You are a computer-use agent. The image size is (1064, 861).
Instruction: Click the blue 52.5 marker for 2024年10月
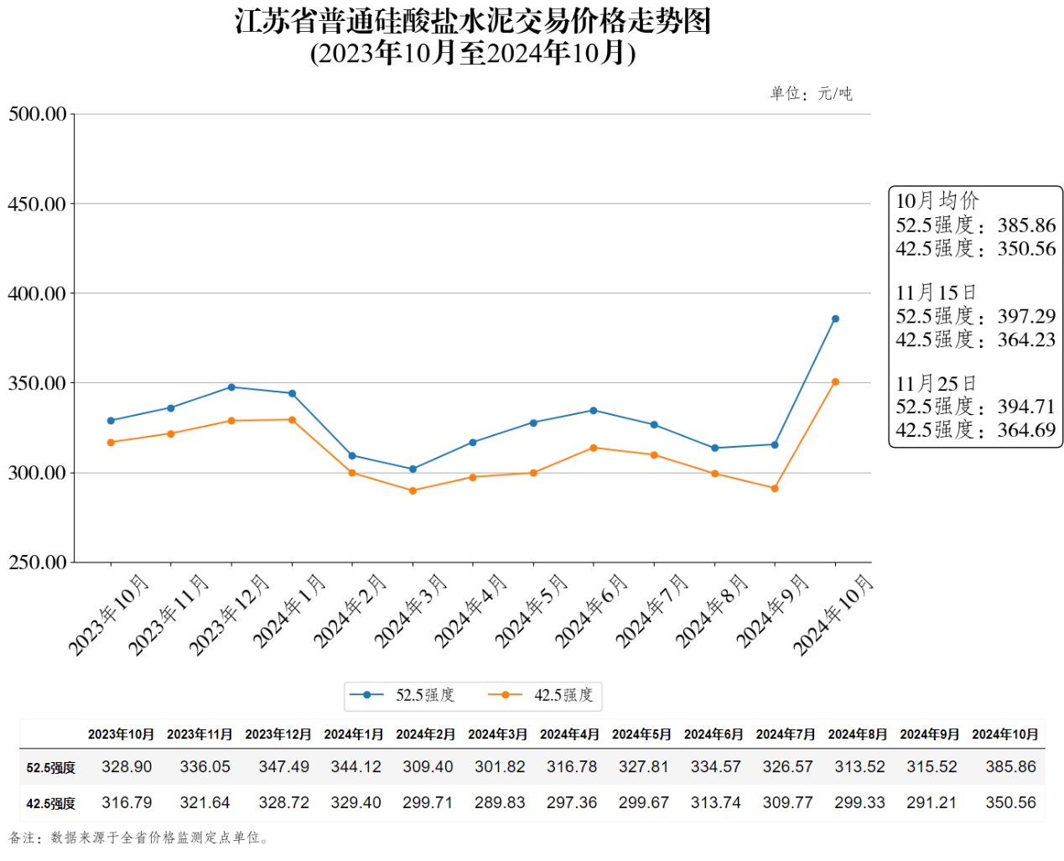[x=835, y=319]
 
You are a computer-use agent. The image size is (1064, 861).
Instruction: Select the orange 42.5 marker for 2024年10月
[x=835, y=382]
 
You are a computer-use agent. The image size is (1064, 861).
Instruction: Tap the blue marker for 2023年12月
[x=231, y=387]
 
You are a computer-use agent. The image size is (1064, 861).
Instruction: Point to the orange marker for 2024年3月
[x=413, y=490]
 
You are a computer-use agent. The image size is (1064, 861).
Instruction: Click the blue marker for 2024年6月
[x=594, y=411]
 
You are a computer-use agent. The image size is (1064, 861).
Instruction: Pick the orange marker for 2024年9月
[x=775, y=488]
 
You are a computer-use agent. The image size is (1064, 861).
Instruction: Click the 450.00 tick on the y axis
[x=37, y=204]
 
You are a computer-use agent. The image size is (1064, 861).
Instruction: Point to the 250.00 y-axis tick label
[x=37, y=562]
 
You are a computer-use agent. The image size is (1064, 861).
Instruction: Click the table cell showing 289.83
[x=500, y=802]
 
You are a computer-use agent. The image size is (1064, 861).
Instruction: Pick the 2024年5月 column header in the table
[x=641, y=734]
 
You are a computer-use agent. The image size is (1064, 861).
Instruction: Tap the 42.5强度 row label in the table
[x=51, y=803]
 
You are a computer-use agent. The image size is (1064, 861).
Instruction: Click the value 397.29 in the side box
[x=1026, y=316]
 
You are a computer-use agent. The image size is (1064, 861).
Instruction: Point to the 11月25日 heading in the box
[x=936, y=383]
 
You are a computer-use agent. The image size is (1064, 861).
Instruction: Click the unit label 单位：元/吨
[x=811, y=93]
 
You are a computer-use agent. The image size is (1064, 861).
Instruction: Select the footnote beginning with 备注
[x=138, y=838]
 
